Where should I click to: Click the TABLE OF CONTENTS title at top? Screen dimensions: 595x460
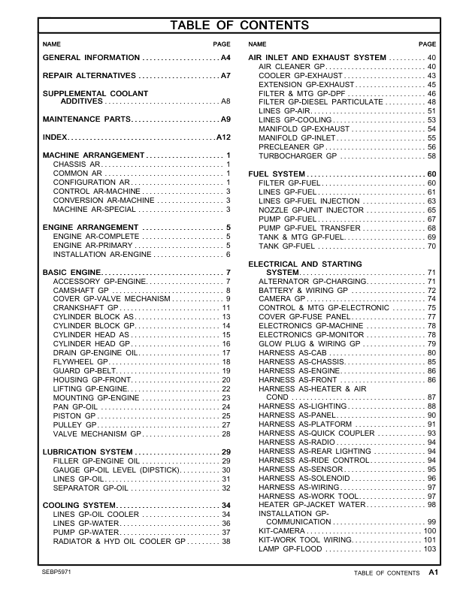(229, 26)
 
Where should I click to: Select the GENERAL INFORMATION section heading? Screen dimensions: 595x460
(91, 58)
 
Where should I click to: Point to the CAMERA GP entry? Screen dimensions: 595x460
(281, 298)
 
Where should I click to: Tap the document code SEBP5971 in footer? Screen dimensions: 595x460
(57, 572)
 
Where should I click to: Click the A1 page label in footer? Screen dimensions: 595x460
(434, 572)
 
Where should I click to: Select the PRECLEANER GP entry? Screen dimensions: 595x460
(291, 147)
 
